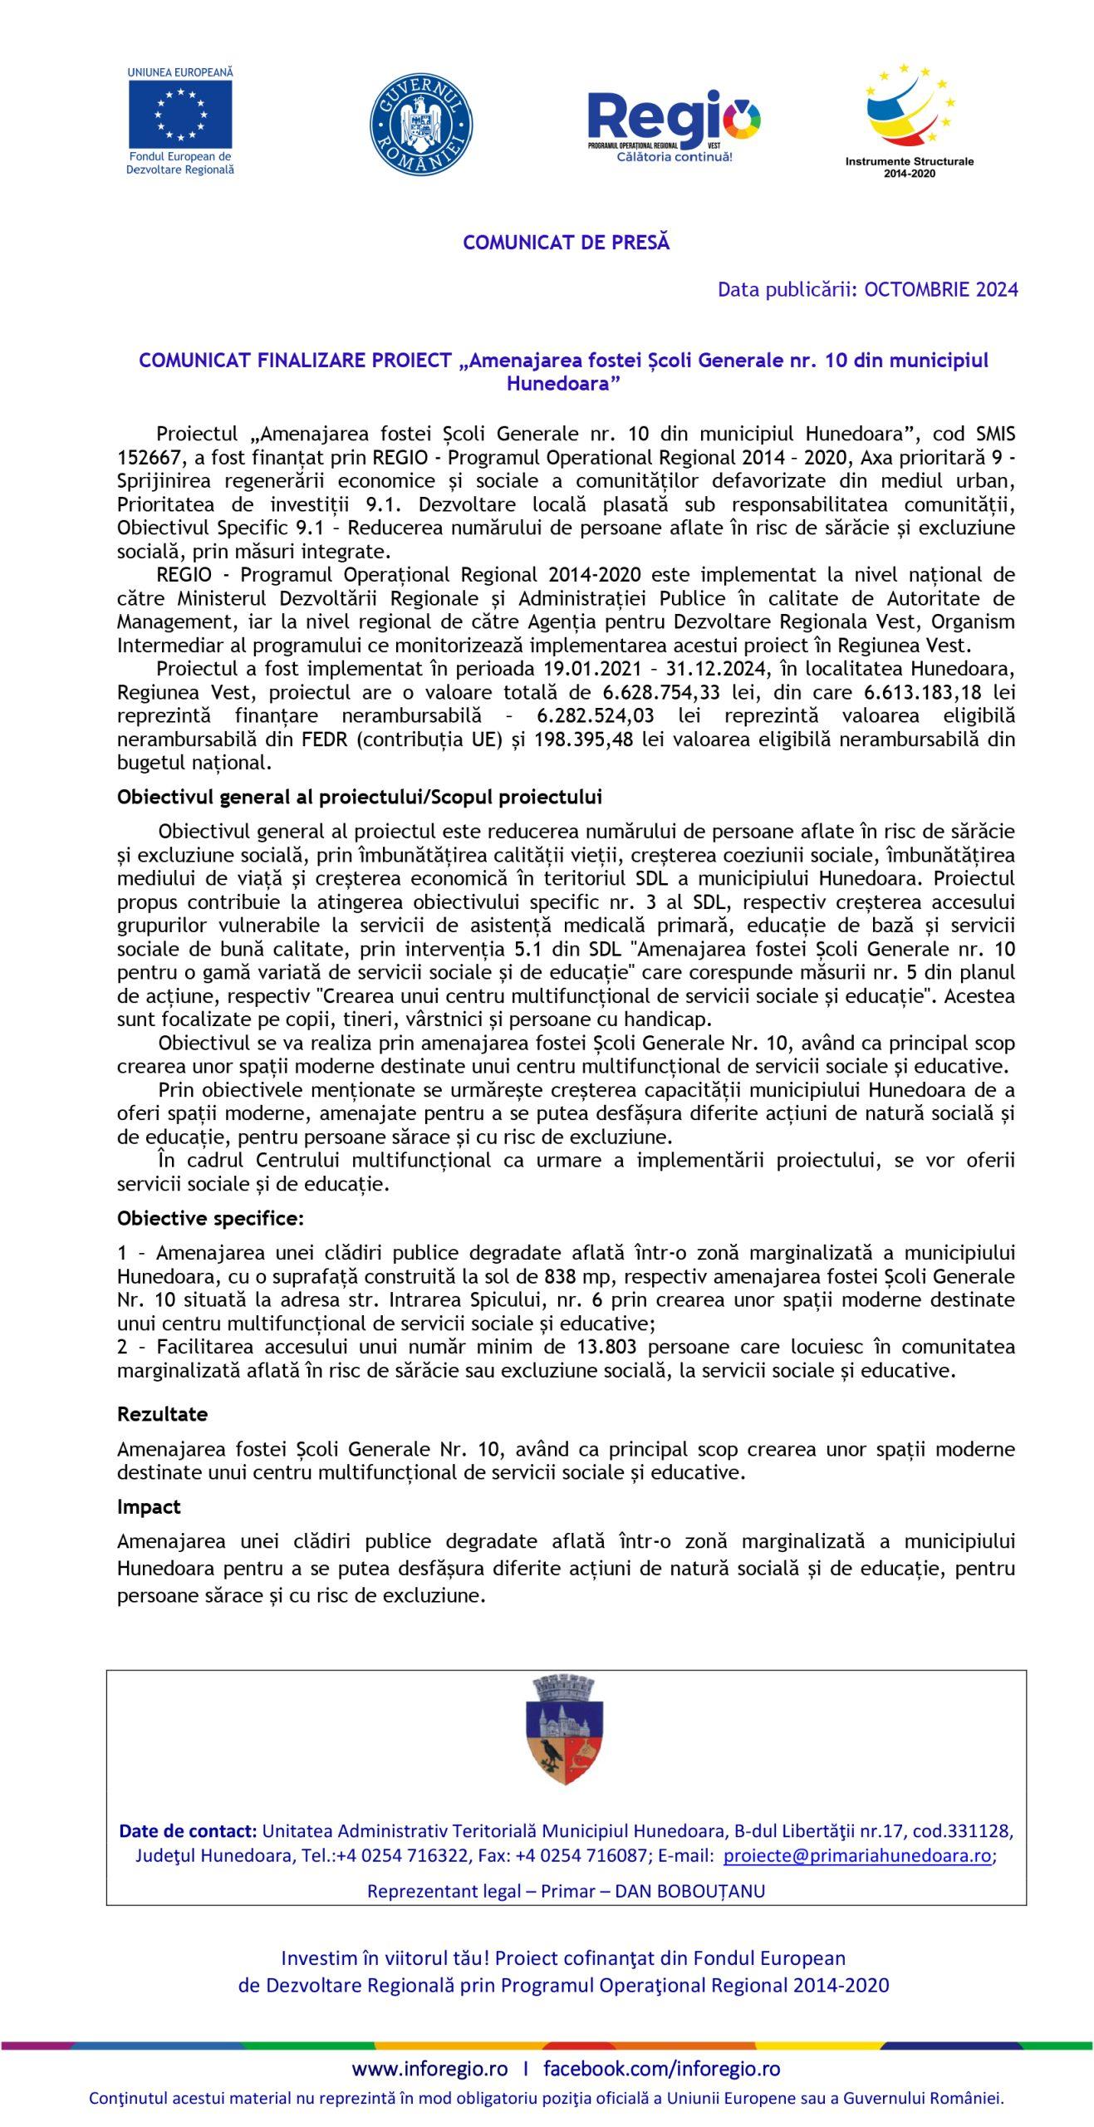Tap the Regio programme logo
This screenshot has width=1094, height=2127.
point(674,125)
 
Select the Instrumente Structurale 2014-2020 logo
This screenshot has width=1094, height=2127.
point(910,120)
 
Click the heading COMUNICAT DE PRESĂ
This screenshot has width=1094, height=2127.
point(566,243)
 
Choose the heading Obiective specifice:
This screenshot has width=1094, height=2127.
point(211,1219)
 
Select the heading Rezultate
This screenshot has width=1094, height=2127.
point(163,1414)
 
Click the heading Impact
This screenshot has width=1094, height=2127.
point(149,1507)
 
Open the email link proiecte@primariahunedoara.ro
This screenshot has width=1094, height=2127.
point(857,1856)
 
